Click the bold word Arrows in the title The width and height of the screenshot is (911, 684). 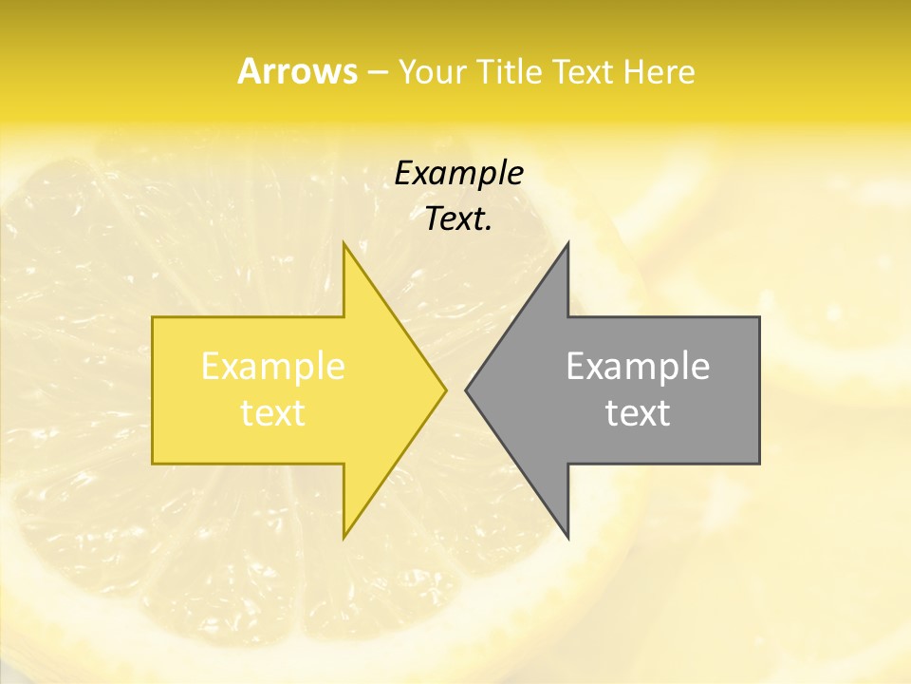coord(297,71)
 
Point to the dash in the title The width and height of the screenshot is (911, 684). coord(377,72)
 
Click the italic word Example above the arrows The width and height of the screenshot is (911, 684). coord(458,173)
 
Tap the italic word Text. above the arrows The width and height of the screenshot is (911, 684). coord(458,218)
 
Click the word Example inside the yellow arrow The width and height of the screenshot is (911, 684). coord(273,366)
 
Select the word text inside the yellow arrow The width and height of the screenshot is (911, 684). coord(273,413)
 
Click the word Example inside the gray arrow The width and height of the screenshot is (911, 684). coord(638,366)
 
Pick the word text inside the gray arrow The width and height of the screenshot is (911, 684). coord(638,413)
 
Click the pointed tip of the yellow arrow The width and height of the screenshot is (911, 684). coord(446,389)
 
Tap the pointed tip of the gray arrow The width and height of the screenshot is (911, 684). coord(466,389)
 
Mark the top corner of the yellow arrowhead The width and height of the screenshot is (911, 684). coord(344,243)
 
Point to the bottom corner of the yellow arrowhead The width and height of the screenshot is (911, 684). coord(344,538)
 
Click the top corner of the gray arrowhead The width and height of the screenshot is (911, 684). coord(567,243)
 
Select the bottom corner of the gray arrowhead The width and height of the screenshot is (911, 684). coord(567,538)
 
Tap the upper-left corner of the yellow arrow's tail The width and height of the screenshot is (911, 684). coord(153,317)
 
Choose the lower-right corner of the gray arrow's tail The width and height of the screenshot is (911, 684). coord(759,463)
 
